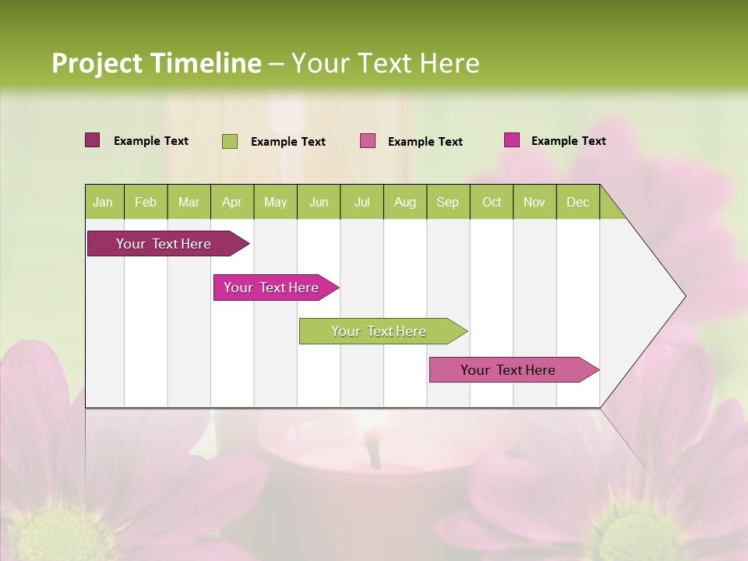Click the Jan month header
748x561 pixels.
[104, 202]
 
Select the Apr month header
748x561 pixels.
[232, 202]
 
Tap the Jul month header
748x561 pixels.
[362, 202]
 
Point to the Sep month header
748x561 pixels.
[447, 202]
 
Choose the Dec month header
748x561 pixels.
[577, 202]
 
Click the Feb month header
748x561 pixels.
[146, 202]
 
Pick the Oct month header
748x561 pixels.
[492, 202]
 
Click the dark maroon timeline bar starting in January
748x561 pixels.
[164, 244]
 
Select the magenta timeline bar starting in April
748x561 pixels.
[272, 288]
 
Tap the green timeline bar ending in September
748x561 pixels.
[379, 331]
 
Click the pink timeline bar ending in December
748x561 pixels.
[509, 370]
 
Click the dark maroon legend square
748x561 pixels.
[93, 140]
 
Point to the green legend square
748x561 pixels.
[230, 141]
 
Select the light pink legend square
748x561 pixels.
[368, 141]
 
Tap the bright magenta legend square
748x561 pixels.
[512, 140]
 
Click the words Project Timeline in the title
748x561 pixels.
[157, 63]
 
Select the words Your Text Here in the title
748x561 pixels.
[385, 63]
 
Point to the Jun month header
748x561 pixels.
[319, 202]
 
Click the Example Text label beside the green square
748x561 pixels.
[288, 142]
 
